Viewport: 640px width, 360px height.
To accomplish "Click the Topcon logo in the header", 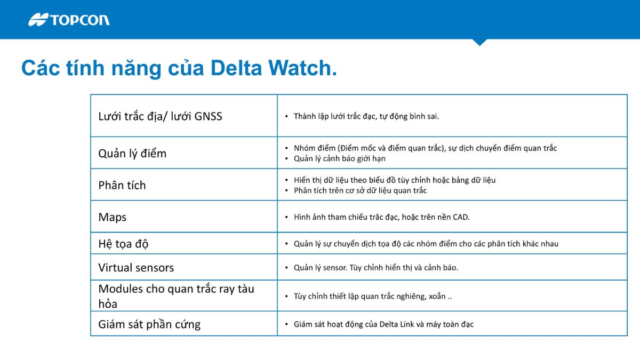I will tap(69, 20).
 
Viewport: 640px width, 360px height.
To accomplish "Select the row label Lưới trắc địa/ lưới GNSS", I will tap(160, 116).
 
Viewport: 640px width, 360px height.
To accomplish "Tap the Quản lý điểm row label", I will tap(132, 154).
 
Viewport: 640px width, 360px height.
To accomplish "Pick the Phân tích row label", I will tap(122, 186).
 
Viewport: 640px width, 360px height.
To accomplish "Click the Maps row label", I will tap(113, 218).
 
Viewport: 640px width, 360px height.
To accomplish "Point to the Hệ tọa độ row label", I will tap(123, 244).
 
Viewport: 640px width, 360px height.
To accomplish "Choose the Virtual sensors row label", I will tap(136, 268).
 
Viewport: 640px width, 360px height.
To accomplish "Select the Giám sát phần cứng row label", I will tap(149, 324).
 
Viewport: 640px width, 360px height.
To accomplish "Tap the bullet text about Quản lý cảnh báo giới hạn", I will tap(339, 158).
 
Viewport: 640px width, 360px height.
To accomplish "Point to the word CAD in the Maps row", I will tap(461, 217).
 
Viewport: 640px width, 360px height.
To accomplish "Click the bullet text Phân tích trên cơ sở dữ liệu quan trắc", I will tap(360, 190).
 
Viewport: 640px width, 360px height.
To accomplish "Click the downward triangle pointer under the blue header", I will tap(479, 42).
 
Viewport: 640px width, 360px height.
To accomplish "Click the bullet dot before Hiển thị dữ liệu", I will tap(287, 180).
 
